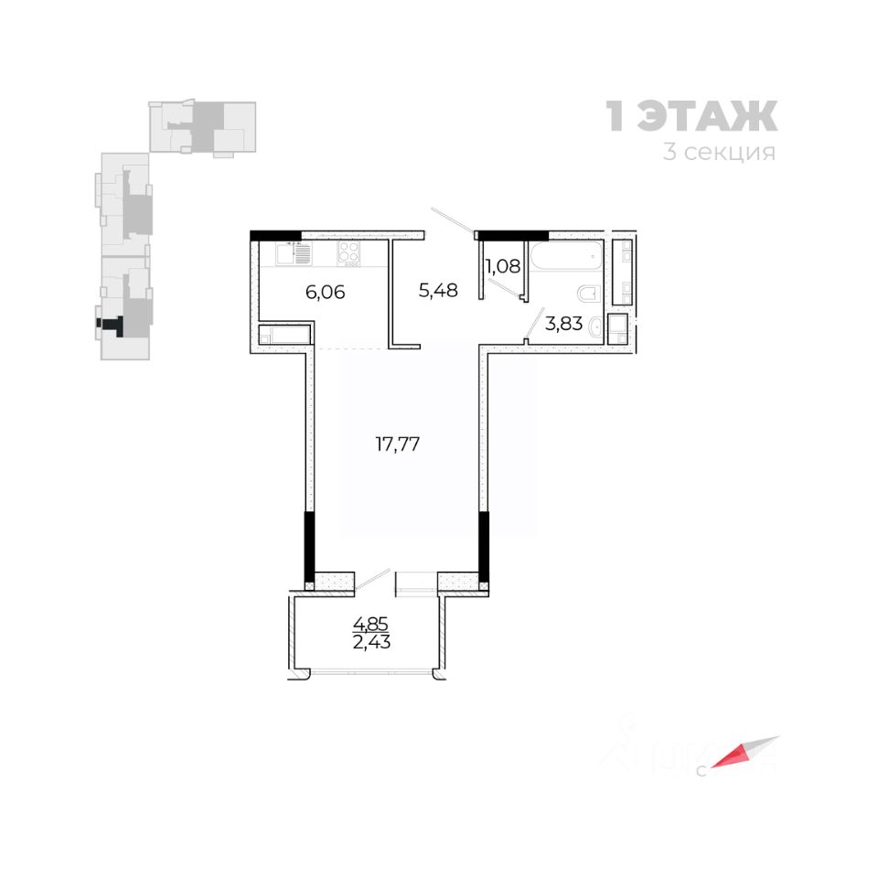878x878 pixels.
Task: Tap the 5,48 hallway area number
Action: point(437,290)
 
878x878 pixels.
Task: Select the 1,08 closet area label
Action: point(502,268)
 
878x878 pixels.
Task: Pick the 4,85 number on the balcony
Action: point(370,626)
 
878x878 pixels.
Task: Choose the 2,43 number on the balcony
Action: point(370,642)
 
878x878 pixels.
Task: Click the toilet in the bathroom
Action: point(589,294)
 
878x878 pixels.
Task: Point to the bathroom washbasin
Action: point(594,327)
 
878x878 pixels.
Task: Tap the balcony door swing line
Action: point(372,577)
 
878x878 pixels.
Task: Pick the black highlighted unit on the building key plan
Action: point(112,323)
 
